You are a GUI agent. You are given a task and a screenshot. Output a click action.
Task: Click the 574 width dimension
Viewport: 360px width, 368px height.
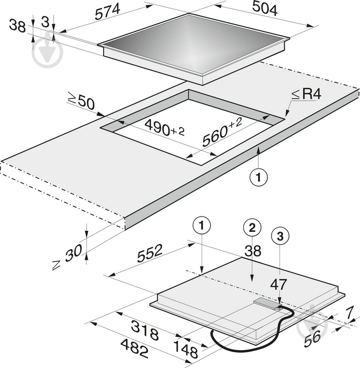coord(107,12)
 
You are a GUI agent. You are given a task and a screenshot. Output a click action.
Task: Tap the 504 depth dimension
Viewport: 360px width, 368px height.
coord(265,8)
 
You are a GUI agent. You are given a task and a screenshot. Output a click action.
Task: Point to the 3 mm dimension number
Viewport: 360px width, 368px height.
coord(45,22)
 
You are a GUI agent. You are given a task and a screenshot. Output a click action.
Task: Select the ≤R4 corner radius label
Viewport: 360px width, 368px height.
coord(306,94)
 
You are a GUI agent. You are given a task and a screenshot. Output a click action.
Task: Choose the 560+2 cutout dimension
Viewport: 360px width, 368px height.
coord(222,132)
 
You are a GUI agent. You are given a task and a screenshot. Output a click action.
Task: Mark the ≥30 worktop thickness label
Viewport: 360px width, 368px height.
coord(67,257)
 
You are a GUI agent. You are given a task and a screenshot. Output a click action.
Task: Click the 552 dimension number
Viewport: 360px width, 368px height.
coord(149,253)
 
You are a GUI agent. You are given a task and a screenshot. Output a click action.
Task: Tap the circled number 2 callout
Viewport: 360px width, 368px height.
coord(252,228)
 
